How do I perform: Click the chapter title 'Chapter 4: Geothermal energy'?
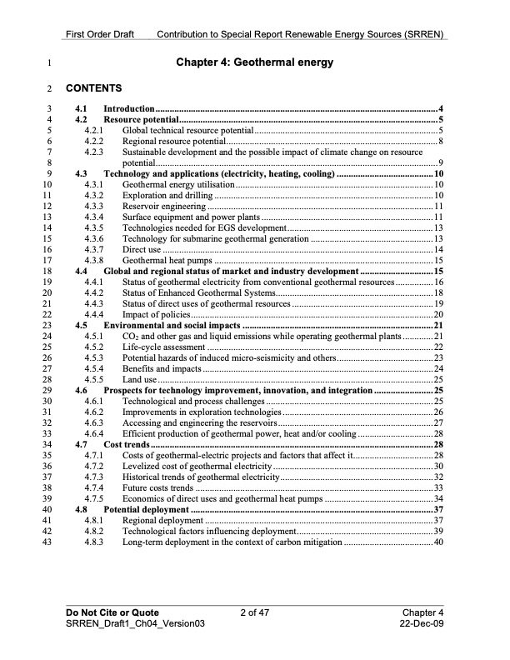click(254, 62)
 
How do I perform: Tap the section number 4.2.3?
click(93, 153)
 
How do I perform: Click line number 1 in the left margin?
click(52, 62)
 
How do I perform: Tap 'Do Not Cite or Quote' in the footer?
click(112, 612)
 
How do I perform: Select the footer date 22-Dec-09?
click(422, 623)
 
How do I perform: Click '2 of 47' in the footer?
click(255, 612)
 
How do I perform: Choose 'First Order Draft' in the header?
click(102, 35)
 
